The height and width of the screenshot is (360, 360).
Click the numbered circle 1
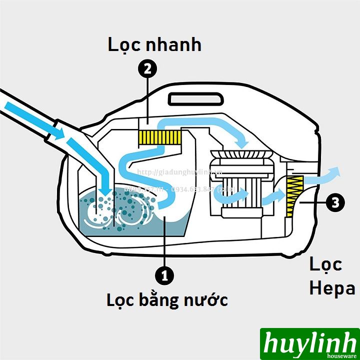point(164,275)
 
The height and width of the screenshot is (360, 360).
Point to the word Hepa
point(332,288)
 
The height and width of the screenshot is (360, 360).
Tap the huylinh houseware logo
point(309,343)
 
